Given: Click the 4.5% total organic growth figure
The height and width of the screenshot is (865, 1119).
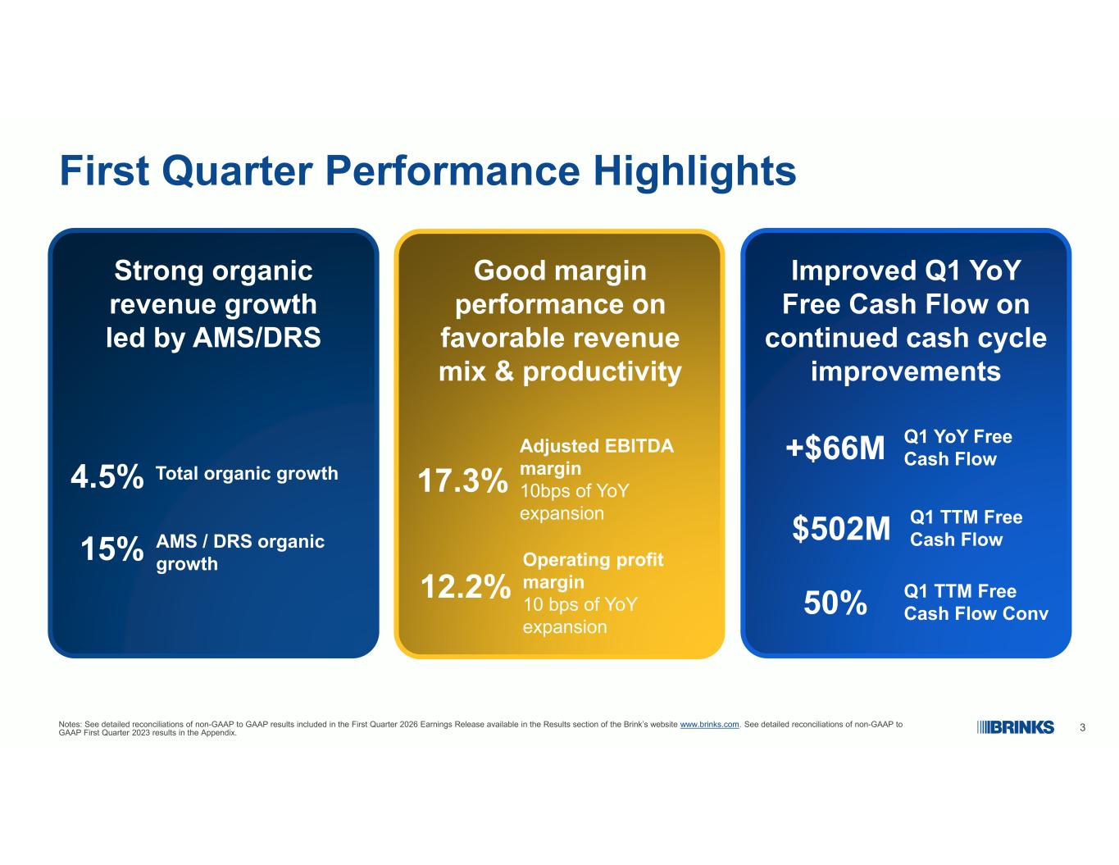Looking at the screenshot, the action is (x=107, y=476).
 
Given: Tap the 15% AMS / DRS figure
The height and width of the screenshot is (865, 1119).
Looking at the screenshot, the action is (x=112, y=549).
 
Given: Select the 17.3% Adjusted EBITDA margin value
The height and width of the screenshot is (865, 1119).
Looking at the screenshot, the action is (x=462, y=480).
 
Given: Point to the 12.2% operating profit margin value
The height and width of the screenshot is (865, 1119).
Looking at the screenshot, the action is (x=466, y=586).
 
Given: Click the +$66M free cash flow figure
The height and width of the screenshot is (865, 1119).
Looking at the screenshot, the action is (x=835, y=448).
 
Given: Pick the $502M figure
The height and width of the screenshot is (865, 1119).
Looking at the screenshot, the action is (x=841, y=528).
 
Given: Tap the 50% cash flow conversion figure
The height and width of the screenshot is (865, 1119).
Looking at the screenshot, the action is (x=835, y=603).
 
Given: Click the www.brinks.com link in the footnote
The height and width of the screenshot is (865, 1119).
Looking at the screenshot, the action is (x=709, y=725).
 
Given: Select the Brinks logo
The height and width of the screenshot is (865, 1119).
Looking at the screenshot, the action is (x=1015, y=727).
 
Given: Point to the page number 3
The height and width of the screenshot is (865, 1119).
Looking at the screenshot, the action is (x=1082, y=727).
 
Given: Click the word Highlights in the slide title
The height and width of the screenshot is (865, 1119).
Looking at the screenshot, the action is (x=694, y=172).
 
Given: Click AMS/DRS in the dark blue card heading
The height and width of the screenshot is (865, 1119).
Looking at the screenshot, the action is (x=256, y=339).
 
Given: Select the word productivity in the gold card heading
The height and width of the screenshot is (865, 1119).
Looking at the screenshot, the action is (x=602, y=372).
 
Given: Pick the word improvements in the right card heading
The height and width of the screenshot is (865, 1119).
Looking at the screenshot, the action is (x=906, y=371).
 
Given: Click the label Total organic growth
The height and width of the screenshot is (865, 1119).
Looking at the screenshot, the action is (x=247, y=474).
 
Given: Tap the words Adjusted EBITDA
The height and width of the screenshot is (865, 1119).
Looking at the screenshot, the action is (x=596, y=446).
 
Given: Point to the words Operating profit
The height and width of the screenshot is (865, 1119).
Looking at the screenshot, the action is (x=593, y=560).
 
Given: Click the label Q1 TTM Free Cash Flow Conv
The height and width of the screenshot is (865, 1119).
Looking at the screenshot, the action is (x=976, y=603).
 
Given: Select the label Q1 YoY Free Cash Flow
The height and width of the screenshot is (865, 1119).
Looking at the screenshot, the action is (x=958, y=448).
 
